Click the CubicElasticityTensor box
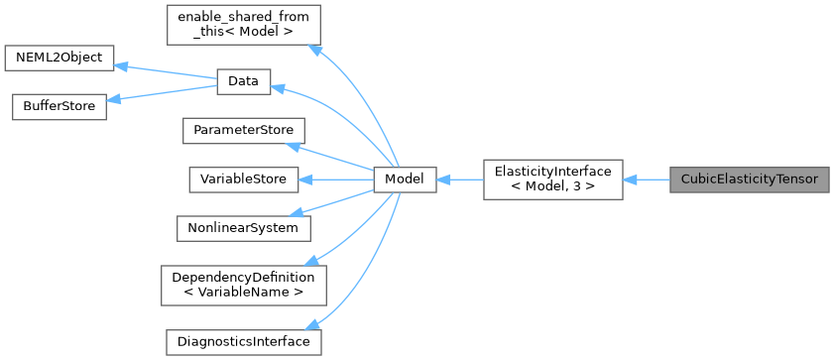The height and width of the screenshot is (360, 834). (749, 180)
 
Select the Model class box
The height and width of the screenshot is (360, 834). (405, 180)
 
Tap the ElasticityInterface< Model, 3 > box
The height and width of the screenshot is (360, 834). (553, 180)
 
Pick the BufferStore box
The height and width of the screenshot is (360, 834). (59, 107)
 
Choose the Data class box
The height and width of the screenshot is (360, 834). (243, 82)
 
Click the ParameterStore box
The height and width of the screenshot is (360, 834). (243, 131)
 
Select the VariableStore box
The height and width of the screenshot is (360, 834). (243, 180)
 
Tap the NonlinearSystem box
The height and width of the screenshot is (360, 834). (243, 228)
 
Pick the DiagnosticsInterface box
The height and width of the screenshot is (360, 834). (243, 341)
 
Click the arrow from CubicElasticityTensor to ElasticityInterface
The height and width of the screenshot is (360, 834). (647, 180)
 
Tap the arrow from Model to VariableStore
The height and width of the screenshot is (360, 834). (337, 180)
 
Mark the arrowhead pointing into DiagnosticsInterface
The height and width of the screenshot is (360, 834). (313, 326)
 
